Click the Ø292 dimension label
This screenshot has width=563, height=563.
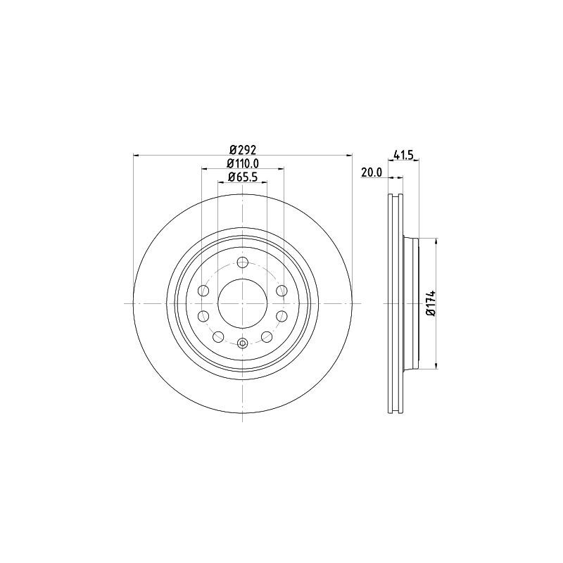click(243, 149)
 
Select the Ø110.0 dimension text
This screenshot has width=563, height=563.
click(243, 163)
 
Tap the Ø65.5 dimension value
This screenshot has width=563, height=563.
click(243, 177)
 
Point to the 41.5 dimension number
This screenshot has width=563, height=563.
click(404, 155)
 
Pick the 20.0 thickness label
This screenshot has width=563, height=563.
click(372, 172)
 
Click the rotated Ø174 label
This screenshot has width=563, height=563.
click(431, 303)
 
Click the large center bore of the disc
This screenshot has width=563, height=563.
click(243, 303)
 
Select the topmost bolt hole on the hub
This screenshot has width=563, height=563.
click(243, 262)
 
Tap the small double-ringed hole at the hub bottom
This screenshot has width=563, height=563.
click(243, 343)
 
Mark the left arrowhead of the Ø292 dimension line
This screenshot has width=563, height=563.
click(137, 155)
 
